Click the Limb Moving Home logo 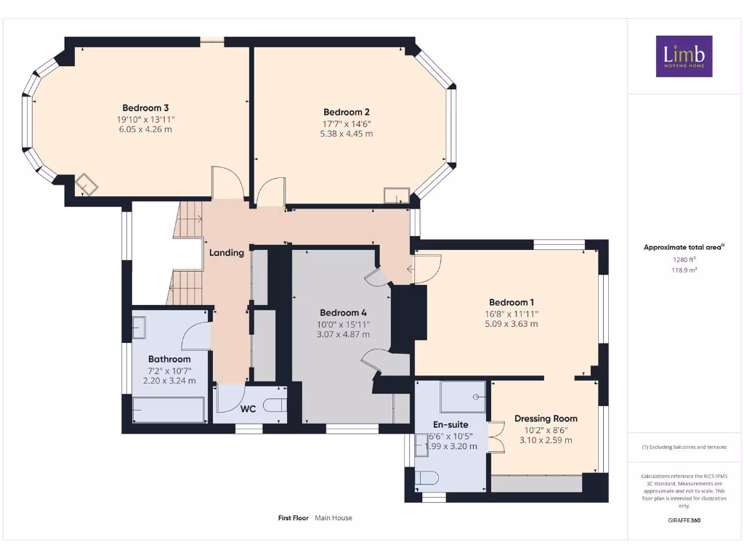click(684, 56)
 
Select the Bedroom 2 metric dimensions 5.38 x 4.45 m click(347, 134)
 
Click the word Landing click(227, 253)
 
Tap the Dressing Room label click(546, 418)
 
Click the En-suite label click(450, 424)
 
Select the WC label click(248, 409)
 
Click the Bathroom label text click(169, 359)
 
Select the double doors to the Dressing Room click(496, 437)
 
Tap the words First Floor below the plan click(294, 518)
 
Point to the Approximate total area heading click(683, 247)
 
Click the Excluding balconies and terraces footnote click(684, 447)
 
